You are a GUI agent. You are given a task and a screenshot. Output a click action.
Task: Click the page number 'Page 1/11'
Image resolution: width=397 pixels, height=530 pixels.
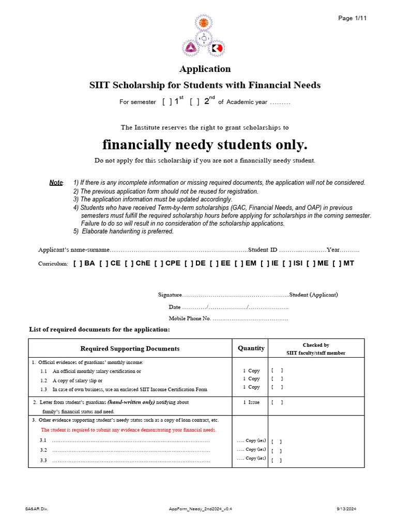coord(353,18)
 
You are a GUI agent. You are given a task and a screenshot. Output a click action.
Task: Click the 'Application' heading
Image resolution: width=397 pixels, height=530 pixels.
coord(205,69)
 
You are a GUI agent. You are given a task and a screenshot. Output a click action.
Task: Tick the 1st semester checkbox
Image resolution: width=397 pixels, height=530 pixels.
coord(166,102)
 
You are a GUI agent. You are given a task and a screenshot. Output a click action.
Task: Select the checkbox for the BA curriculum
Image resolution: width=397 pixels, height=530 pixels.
coord(78,263)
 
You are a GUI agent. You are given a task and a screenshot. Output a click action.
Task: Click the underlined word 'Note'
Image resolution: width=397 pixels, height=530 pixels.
coord(56,183)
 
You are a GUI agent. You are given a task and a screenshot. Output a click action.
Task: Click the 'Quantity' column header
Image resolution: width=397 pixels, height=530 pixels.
coord(251,348)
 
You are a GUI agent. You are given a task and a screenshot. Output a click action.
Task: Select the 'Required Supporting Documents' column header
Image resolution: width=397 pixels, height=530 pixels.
coord(130,349)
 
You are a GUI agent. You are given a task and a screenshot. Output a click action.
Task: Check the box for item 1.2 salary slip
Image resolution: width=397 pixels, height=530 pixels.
coord(277,379)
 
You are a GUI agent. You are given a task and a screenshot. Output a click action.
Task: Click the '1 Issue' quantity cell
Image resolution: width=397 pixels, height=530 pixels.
coord(251,402)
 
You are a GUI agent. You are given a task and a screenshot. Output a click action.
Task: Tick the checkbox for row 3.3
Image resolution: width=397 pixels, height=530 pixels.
coord(277,460)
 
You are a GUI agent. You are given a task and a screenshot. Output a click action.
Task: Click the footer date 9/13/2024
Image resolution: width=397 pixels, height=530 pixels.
coord(346,509)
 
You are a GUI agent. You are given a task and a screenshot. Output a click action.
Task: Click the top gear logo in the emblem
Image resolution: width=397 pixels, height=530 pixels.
coord(204,23)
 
